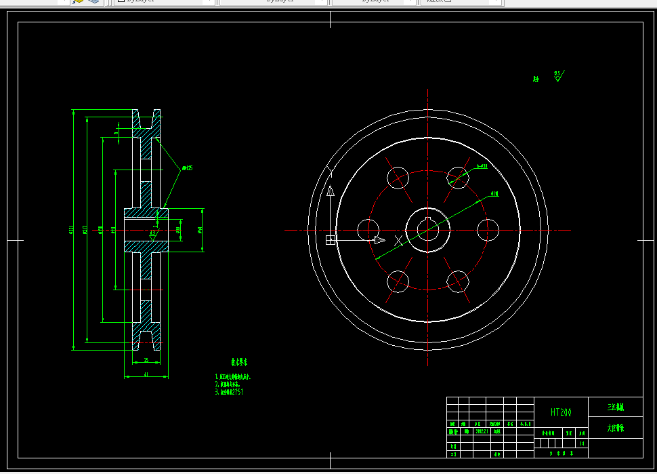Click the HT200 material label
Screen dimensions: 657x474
tap(561, 412)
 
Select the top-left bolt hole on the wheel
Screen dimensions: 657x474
tap(398, 178)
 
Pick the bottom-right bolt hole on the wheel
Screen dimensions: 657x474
tap(458, 281)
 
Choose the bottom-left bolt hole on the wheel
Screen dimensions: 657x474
tap(398, 281)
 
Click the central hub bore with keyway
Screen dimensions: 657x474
tap(428, 230)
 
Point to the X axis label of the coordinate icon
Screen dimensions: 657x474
tap(398, 240)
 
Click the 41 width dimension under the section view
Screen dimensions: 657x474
tap(146, 374)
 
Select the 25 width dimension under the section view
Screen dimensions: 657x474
tap(146, 359)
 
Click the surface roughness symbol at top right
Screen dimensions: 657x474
tap(558, 75)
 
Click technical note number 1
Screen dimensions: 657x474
tap(234, 376)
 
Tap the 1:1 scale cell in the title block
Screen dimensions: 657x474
tap(582, 443)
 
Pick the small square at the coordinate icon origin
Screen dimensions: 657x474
tap(331, 239)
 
